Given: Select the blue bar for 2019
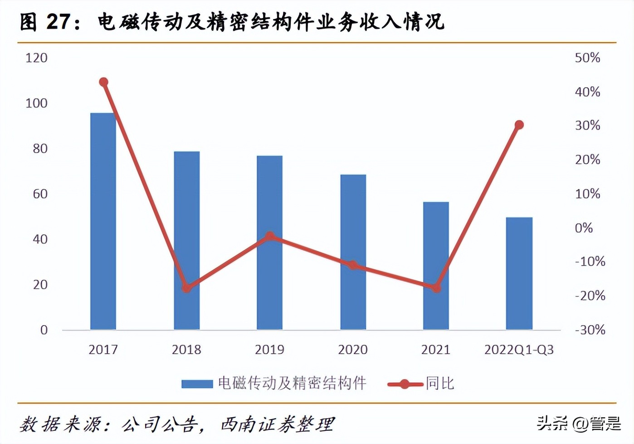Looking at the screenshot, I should [269, 242].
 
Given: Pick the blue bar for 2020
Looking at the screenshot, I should [353, 252].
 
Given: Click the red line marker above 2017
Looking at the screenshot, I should [103, 82].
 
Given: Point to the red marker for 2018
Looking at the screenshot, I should [186, 288].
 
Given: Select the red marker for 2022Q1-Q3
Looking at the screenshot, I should [519, 125].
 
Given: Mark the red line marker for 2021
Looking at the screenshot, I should [436, 288].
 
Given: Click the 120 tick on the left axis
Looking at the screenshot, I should [36, 58].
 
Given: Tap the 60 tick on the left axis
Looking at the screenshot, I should [40, 194].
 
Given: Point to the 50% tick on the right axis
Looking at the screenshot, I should [587, 58].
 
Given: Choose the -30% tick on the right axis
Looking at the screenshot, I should [590, 330].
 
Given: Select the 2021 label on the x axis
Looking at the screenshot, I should [436, 350].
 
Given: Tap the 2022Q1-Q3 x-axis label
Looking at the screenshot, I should [519, 350].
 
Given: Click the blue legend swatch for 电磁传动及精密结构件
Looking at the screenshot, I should [197, 384].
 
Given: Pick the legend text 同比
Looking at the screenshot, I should [439, 384].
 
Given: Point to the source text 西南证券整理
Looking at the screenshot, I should [277, 424].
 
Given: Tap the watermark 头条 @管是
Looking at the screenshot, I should [579, 424].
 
